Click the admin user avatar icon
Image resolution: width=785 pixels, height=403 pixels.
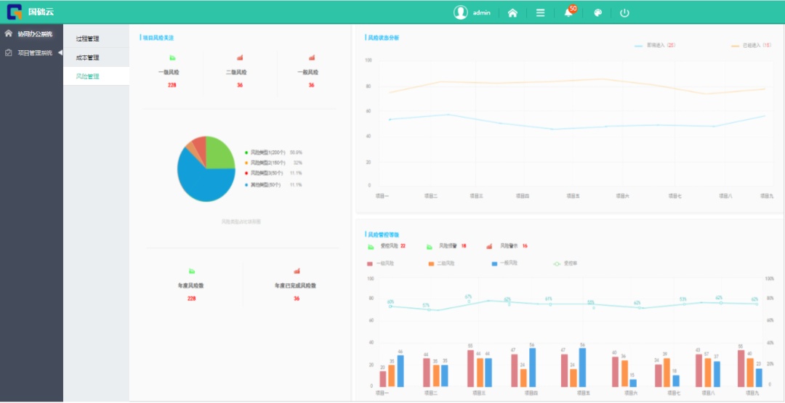460,12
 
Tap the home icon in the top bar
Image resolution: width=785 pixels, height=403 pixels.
512,12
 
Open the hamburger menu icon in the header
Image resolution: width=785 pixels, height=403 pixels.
540,12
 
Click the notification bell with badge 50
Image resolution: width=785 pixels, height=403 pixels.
568,12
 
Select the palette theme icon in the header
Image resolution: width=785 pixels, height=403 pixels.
597,12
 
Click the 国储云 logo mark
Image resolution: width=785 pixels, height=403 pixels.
15,12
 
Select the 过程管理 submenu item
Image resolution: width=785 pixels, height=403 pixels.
87,38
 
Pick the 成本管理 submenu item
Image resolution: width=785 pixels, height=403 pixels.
87,57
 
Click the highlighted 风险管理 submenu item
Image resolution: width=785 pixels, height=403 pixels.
87,76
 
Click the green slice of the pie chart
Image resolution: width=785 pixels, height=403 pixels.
220,152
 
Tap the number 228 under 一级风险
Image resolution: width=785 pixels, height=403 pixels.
172,86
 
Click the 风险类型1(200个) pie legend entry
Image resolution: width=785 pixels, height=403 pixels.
267,152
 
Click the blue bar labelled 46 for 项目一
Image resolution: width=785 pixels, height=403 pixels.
400,371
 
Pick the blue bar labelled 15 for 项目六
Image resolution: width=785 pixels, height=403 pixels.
633,383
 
